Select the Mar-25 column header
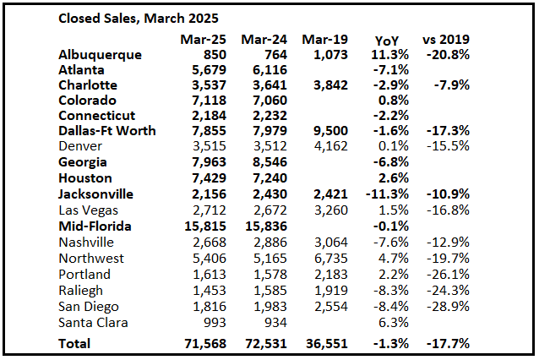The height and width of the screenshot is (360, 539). click(200, 40)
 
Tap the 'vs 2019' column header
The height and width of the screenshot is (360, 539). click(446, 40)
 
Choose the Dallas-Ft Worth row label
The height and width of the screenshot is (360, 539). click(108, 131)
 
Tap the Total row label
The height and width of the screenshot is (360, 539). click(74, 344)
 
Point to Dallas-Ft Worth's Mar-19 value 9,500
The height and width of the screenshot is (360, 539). click(325, 131)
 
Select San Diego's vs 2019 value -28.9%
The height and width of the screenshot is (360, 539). click(449, 307)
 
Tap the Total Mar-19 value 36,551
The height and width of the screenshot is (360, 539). click(322, 344)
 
